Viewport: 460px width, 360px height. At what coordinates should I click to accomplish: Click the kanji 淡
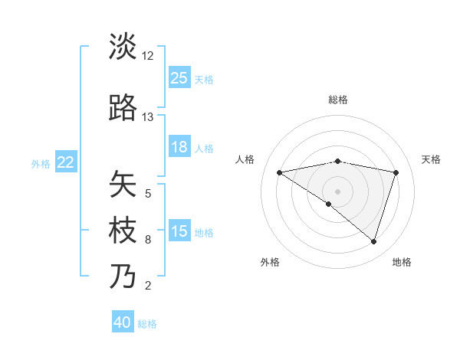pos(123,47)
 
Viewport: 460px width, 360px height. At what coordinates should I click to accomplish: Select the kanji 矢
pos(123,184)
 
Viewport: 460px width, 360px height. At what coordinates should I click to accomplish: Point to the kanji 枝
pos(123,231)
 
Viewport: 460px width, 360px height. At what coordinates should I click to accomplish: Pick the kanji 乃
pos(123,277)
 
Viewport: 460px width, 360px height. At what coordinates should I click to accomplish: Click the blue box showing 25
pos(179,78)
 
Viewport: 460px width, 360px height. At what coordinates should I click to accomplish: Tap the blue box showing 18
pos(179,147)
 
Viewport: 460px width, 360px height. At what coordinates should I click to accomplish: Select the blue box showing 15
pos(179,231)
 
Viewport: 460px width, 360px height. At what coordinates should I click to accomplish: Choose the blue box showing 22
pos(66,162)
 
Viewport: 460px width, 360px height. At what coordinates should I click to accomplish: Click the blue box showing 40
pos(123,322)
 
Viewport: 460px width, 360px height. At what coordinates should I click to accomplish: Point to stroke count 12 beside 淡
pos(148,56)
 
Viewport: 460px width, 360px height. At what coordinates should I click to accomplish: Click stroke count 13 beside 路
pos(148,117)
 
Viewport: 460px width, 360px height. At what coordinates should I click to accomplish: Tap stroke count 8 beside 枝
pos(148,240)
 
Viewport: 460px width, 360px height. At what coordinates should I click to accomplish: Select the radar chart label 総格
pos(338,100)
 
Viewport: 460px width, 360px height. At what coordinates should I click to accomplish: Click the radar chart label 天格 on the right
pos(431,159)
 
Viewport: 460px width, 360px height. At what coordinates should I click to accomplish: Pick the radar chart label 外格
pos(270,262)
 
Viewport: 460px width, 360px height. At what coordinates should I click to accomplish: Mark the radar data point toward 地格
pos(373,241)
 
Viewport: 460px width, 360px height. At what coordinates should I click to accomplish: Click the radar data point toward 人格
pos(279,172)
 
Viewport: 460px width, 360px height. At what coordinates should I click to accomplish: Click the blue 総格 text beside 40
pos(147,324)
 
